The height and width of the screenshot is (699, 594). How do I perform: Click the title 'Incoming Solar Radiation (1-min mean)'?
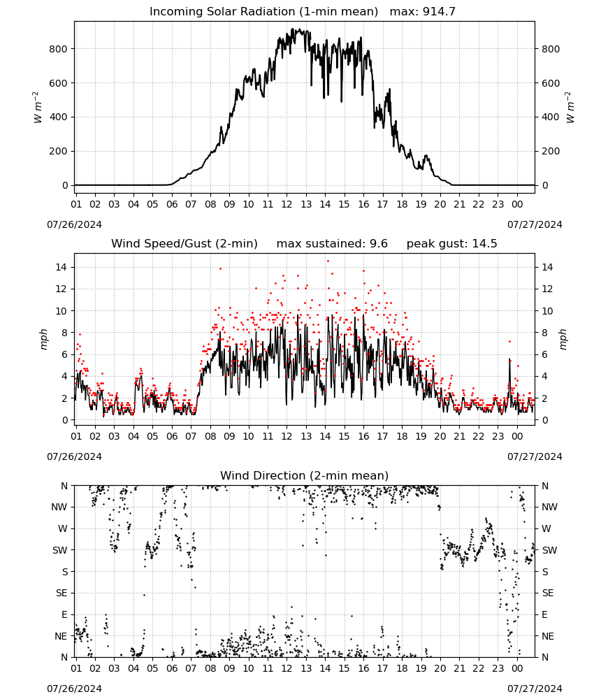click(x=263, y=12)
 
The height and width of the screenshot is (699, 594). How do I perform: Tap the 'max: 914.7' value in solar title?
click(x=423, y=12)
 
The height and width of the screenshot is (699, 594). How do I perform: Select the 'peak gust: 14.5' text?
click(x=452, y=244)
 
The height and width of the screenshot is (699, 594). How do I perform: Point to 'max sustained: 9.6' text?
click(x=332, y=244)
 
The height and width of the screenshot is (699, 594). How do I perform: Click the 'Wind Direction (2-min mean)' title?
click(x=305, y=475)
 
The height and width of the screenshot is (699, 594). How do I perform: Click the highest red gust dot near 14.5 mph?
click(x=328, y=261)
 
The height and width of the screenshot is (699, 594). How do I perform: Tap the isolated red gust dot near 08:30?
click(x=220, y=269)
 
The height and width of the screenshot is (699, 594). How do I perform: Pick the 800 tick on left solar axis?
click(x=59, y=49)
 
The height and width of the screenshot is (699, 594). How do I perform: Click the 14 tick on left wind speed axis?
click(x=61, y=268)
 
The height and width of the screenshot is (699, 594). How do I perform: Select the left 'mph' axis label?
click(x=43, y=339)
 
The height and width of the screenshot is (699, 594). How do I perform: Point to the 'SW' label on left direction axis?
click(x=60, y=551)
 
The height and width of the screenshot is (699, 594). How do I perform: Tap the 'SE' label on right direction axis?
click(x=548, y=593)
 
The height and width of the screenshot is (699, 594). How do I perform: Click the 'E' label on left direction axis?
click(x=64, y=614)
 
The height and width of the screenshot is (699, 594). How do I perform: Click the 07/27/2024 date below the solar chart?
click(x=535, y=224)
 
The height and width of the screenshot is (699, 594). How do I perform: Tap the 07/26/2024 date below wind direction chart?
click(x=74, y=689)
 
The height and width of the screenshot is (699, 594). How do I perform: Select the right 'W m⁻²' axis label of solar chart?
click(x=570, y=108)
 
